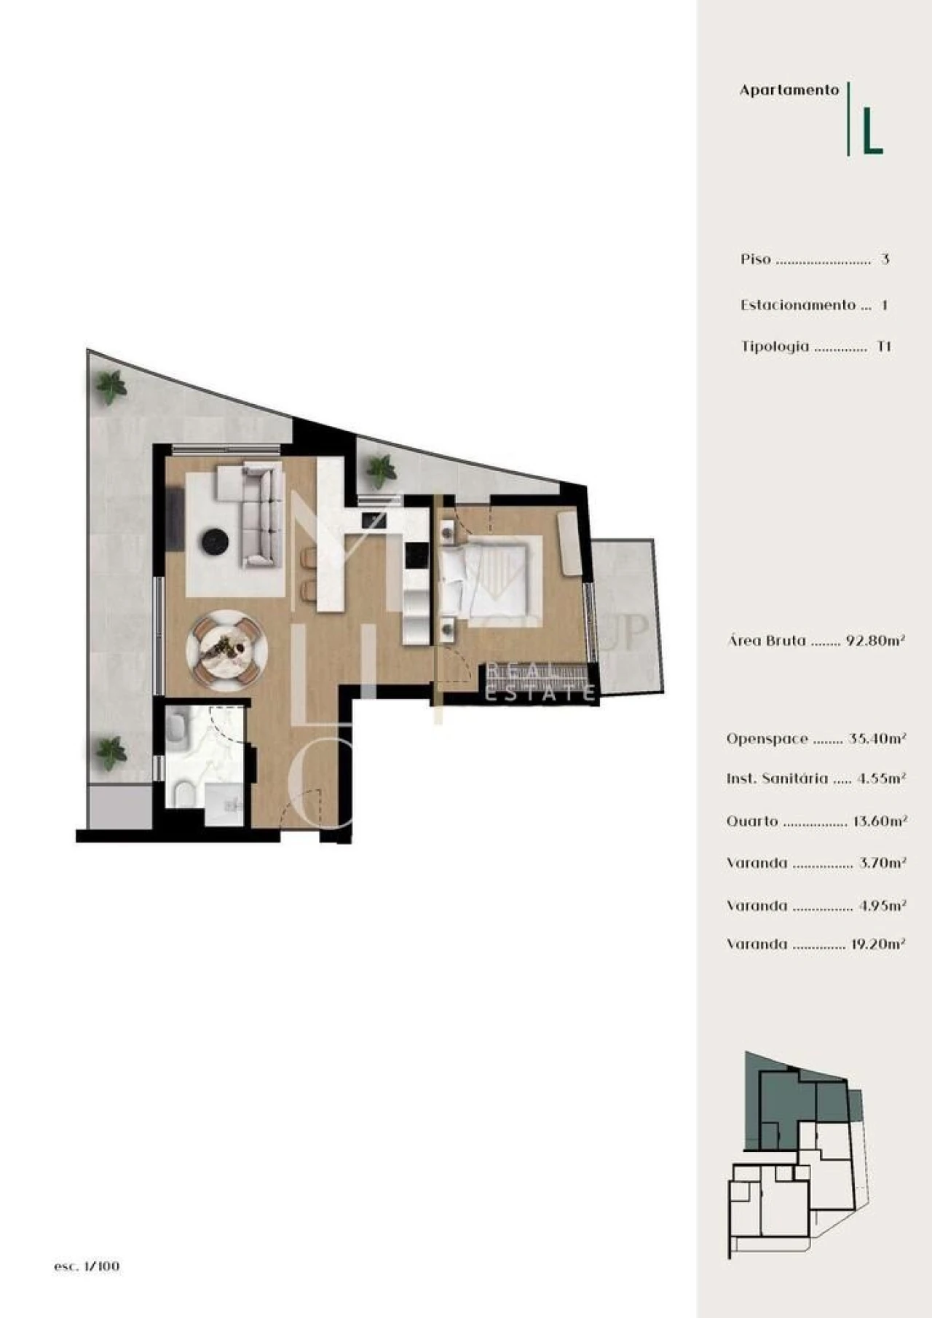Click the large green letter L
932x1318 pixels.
click(872, 132)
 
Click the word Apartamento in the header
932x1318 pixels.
click(789, 90)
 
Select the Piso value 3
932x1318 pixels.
click(885, 259)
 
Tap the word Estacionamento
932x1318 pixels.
click(798, 305)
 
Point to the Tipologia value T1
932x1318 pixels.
click(883, 347)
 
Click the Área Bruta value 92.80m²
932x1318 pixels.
click(875, 641)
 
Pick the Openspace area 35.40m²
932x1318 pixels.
click(877, 738)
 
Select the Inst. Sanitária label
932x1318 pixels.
click(777, 778)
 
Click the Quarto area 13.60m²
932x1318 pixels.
click(880, 821)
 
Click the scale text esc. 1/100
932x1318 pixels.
click(87, 1266)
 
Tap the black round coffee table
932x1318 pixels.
click(216, 541)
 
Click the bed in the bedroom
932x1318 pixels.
click(489, 577)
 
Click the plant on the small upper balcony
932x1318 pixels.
click(380, 470)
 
